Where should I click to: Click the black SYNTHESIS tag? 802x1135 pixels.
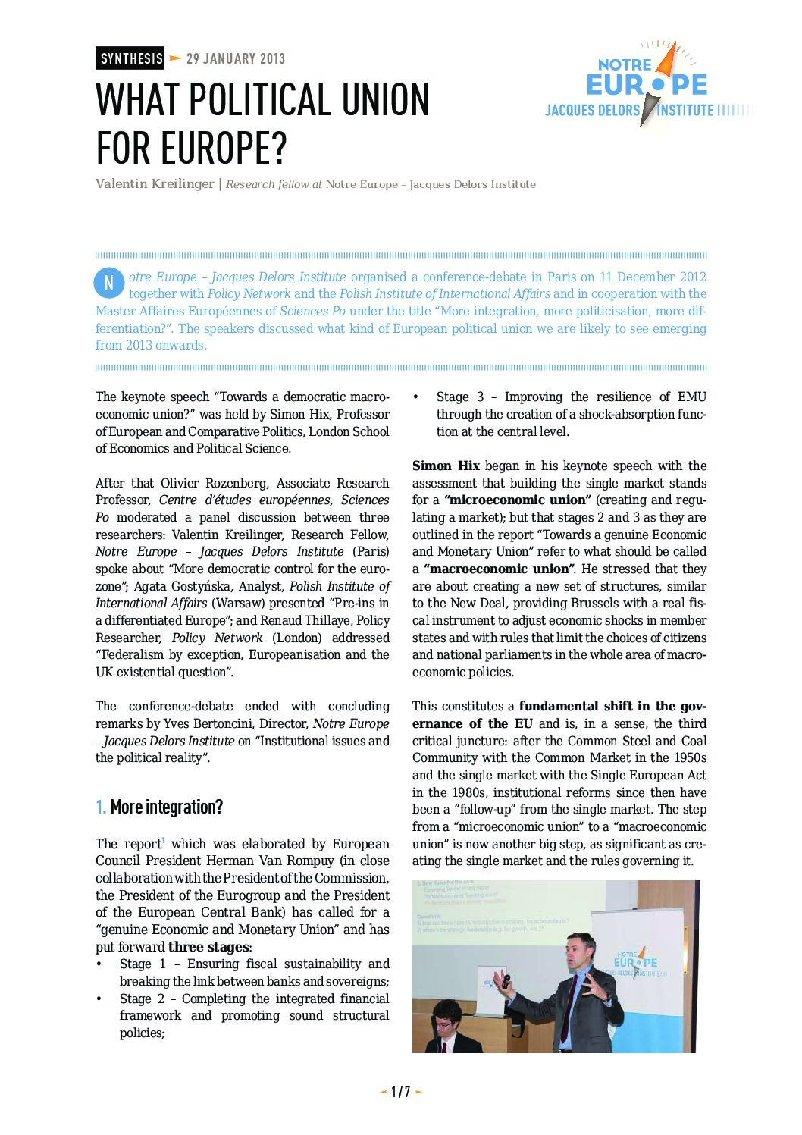tap(130, 58)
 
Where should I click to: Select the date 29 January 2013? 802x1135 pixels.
tap(235, 58)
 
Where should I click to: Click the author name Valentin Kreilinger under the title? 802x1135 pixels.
tap(155, 184)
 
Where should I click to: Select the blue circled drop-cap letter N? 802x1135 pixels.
tap(108, 283)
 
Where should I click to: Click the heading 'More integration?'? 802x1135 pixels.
tap(166, 807)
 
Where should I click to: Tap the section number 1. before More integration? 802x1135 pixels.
tap(101, 807)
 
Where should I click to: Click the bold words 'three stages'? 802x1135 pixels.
tap(208, 947)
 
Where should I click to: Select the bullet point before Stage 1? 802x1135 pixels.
tap(99, 964)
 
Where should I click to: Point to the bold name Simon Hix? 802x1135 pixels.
tap(446, 466)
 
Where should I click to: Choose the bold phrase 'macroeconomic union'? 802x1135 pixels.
tap(498, 569)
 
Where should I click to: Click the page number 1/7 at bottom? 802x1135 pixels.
tap(400, 1092)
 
